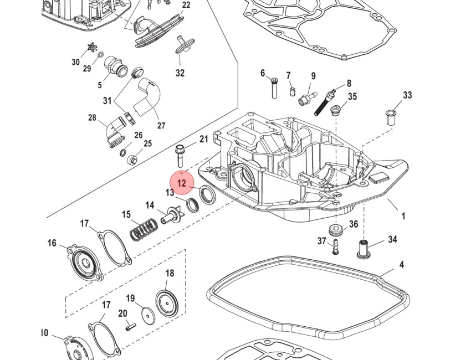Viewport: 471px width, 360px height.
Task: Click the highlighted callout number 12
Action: click(x=182, y=183)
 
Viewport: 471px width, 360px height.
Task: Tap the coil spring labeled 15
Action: click(x=144, y=229)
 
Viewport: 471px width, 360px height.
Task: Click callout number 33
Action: click(x=407, y=95)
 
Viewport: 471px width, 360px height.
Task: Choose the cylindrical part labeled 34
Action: click(x=364, y=249)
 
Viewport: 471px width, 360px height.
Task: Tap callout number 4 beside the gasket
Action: click(x=402, y=265)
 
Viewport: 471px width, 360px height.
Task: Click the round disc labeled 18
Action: click(x=165, y=302)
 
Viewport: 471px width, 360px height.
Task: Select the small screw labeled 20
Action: click(x=131, y=327)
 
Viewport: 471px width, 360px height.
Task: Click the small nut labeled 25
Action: click(x=133, y=160)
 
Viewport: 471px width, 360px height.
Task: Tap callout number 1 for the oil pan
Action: click(x=403, y=216)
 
